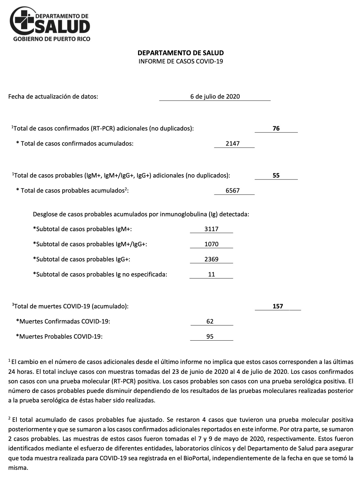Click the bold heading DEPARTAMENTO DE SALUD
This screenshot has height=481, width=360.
coord(180,53)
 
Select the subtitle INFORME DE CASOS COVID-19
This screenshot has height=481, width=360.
coord(180,61)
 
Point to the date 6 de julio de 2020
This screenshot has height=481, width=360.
coord(215,96)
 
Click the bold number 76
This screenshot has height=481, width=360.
coord(276,129)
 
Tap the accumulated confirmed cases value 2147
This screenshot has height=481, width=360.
coord(233,143)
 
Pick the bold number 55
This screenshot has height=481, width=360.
coord(276,175)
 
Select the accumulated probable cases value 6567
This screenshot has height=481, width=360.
coord(233,190)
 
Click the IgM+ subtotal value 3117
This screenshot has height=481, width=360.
coord(211,229)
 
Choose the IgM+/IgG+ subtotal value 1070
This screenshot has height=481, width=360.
coord(211,244)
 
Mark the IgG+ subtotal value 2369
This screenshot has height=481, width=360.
coord(211,259)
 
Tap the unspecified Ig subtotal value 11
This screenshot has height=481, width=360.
coord(211,274)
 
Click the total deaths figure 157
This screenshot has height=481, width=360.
coord(278,306)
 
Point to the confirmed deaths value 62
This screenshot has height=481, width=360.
coord(210,321)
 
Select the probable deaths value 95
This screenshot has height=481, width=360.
coord(210,336)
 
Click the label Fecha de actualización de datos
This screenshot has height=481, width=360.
coord(53,96)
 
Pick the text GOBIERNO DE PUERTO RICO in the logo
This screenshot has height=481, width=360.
coord(51,39)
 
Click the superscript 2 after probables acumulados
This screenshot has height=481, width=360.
coord(126,188)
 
